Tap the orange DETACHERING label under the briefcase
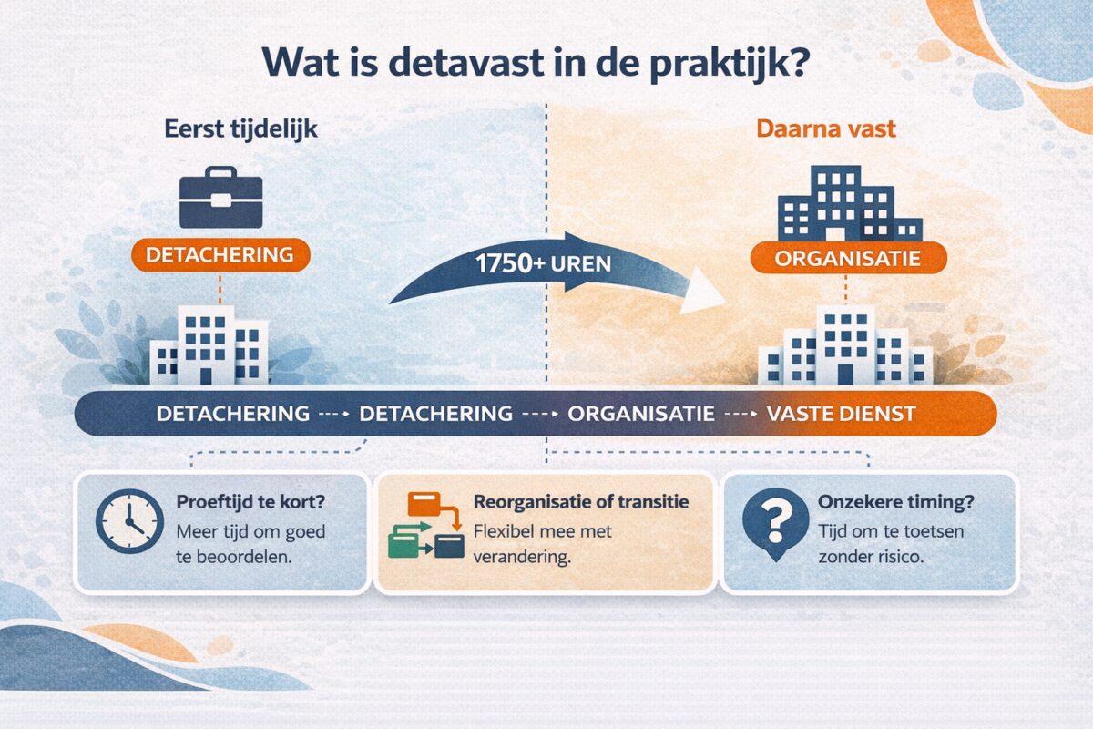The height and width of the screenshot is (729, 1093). (220, 254)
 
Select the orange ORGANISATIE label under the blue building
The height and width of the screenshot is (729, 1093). (847, 258)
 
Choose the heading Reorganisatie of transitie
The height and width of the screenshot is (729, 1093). (581, 502)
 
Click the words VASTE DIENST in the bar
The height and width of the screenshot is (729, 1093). (841, 414)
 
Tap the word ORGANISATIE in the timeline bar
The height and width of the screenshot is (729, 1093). (641, 414)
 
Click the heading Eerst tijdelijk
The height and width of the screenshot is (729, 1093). (240, 129)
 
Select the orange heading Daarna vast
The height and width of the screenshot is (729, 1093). (826, 129)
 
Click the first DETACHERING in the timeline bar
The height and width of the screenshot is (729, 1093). (233, 414)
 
